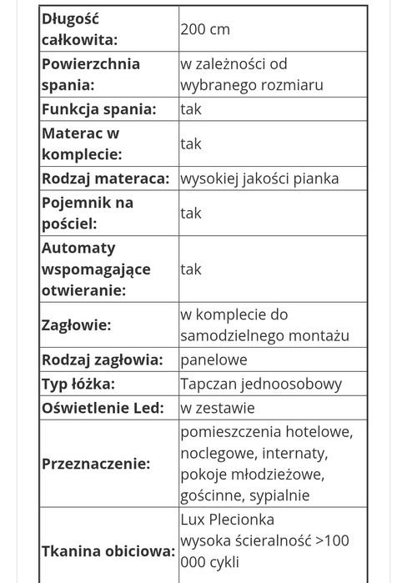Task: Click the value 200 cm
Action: pyautogui.click(x=205, y=29)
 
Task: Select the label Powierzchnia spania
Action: pyautogui.click(x=90, y=74)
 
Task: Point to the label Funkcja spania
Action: pyautogui.click(x=98, y=109)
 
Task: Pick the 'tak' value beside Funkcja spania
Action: pyautogui.click(x=191, y=109)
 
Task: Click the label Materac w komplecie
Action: pyautogui.click(x=82, y=143)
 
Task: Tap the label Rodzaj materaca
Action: pyautogui.click(x=104, y=178)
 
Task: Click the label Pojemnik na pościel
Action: pyautogui.click(x=86, y=213)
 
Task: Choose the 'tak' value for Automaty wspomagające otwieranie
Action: pyautogui.click(x=191, y=269)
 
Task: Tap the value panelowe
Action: pyautogui.click(x=214, y=360)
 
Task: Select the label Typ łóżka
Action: pyautogui.click(x=78, y=384)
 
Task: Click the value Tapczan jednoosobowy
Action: pyautogui.click(x=261, y=384)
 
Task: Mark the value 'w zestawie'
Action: pyautogui.click(x=218, y=408)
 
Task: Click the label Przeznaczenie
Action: pyautogui.click(x=96, y=464)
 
